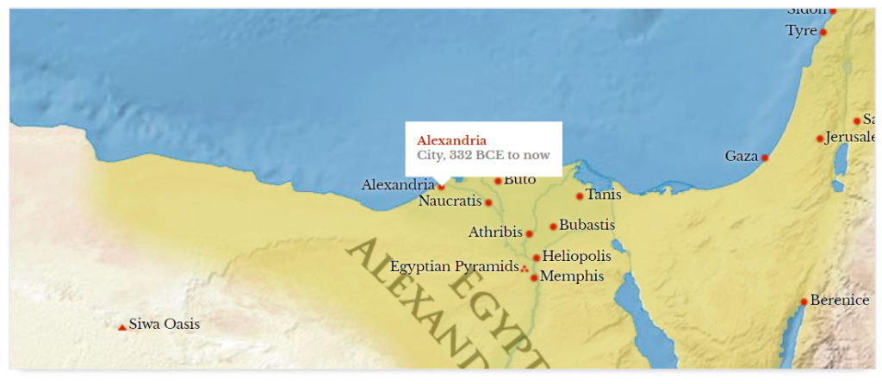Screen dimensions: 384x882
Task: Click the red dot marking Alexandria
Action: point(442,186)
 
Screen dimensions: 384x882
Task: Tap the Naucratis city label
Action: point(450,201)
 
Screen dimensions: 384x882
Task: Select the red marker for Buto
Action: point(498,181)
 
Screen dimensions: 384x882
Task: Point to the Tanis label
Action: point(603,195)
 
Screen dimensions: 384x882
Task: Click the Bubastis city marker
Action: point(553,226)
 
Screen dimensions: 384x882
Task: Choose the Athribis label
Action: point(495,232)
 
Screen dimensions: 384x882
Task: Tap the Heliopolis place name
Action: point(576,256)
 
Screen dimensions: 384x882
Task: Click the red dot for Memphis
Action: point(534,277)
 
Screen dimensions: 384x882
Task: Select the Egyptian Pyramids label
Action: point(454,267)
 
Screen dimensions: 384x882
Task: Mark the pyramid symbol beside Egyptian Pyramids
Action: point(525,269)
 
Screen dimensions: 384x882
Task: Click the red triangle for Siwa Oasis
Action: point(122,326)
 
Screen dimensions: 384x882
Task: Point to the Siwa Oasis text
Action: point(164,325)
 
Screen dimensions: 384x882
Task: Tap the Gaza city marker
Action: point(764,158)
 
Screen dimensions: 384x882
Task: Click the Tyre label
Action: point(800,31)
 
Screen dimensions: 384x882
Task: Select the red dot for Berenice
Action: point(804,301)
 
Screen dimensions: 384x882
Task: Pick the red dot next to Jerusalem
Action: point(820,139)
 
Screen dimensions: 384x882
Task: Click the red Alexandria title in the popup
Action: point(451,140)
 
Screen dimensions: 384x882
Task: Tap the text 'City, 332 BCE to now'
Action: point(483,155)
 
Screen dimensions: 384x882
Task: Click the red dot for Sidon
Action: point(833,10)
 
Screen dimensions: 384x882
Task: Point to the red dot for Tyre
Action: point(823,32)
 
